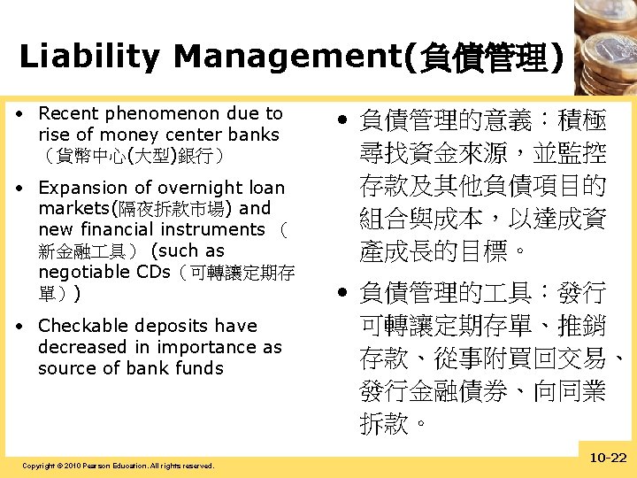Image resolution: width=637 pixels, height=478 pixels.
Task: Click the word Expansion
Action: (x=81, y=188)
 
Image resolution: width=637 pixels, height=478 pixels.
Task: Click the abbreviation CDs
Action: (x=151, y=272)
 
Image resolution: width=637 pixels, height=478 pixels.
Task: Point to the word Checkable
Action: (x=81, y=326)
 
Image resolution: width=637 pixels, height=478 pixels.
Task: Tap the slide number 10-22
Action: (x=607, y=457)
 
